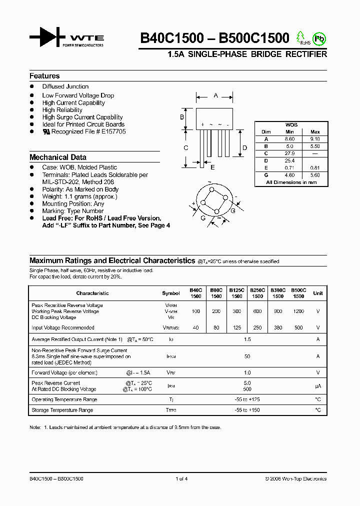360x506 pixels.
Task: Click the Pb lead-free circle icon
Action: coord(318,38)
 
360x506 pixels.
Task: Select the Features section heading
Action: coord(44,76)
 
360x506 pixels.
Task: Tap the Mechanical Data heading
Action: coord(58,157)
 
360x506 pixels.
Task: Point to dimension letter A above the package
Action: coord(215,95)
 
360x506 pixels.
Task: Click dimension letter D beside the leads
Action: coord(244,147)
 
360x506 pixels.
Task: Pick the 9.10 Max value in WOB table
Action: coord(315,139)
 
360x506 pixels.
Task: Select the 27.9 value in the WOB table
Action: coord(290,153)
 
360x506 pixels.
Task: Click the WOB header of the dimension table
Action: coord(291,124)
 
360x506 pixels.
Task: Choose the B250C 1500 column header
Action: coord(257,293)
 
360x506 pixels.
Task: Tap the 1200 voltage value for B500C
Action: coord(298,311)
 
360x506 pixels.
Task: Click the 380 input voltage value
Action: coord(278,328)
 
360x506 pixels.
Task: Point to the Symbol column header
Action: coord(171,293)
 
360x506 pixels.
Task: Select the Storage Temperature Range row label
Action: coord(62,410)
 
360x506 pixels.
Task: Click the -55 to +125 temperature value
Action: coord(247,399)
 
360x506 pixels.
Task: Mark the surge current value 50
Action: coord(247,356)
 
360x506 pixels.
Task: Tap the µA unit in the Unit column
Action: coord(318,386)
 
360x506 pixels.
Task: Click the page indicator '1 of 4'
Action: coord(181,479)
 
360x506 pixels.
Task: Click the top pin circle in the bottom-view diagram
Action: coord(211,190)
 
